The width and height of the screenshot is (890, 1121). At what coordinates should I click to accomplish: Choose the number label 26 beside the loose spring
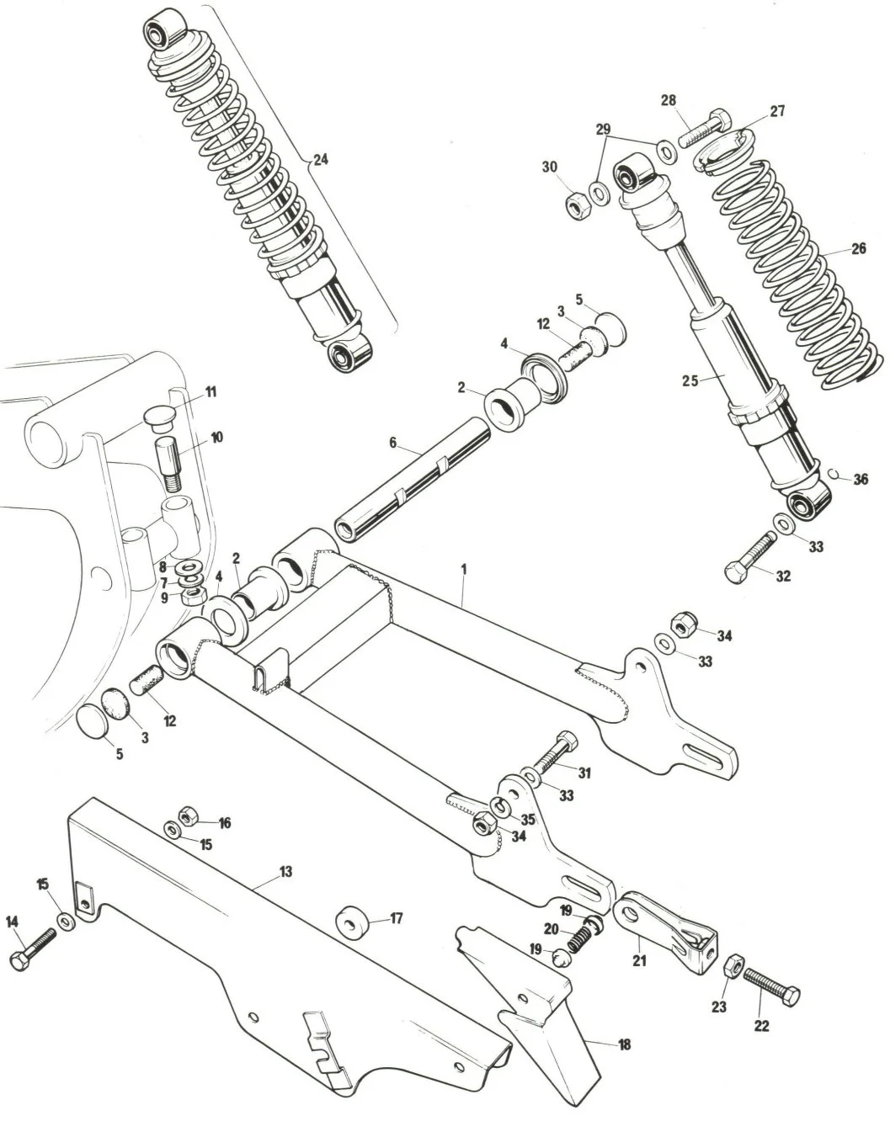point(857,249)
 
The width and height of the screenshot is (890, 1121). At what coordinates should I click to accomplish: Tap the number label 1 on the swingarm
point(463,570)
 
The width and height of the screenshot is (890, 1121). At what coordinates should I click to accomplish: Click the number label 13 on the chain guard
point(285,871)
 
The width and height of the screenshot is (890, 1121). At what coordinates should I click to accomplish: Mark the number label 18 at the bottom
point(624,1044)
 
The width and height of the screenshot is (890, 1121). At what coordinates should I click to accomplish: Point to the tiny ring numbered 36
point(832,475)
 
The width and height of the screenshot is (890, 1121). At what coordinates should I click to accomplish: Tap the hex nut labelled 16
point(189,815)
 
